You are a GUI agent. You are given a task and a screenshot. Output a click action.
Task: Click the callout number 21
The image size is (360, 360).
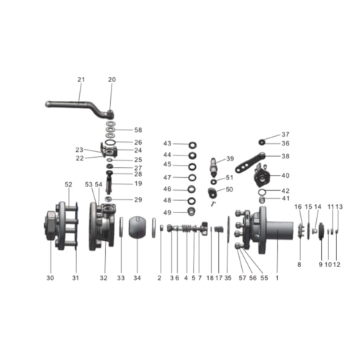(81, 79)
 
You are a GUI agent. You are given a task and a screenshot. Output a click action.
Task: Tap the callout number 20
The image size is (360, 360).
(112, 79)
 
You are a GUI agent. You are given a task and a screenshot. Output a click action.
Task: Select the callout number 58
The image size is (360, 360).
(138, 130)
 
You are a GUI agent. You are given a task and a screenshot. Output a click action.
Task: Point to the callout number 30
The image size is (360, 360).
(50, 278)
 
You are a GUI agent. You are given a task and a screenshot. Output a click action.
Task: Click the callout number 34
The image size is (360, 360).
(138, 278)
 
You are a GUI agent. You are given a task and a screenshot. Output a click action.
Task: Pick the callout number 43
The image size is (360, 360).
(167, 144)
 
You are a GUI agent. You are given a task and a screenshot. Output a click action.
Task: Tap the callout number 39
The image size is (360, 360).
(230, 159)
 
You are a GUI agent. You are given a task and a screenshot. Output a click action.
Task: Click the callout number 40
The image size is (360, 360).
(285, 175)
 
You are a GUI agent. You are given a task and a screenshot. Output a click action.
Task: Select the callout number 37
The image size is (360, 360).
(285, 135)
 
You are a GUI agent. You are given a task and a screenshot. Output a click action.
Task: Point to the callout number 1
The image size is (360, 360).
(276, 278)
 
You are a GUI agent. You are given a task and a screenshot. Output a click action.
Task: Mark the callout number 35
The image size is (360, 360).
(228, 278)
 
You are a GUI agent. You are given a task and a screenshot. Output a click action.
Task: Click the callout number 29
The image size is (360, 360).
(138, 199)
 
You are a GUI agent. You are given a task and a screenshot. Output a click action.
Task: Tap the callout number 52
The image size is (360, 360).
(69, 184)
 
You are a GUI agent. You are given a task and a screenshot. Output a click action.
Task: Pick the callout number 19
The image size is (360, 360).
(138, 184)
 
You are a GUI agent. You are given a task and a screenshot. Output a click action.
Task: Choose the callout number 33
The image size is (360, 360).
(121, 278)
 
